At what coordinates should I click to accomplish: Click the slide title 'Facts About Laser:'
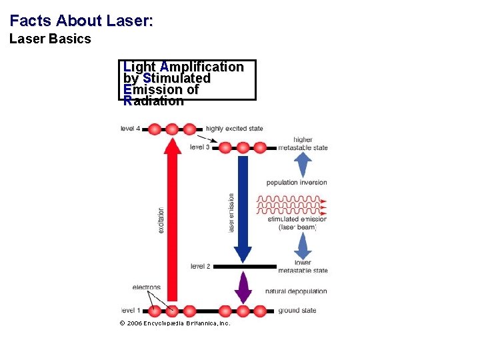[81, 21]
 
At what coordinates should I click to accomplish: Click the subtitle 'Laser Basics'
[50, 39]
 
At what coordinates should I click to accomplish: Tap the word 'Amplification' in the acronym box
[202, 67]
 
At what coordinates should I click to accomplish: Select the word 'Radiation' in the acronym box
[153, 101]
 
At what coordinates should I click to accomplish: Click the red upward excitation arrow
[173, 220]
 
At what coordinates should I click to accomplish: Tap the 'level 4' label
[130, 129]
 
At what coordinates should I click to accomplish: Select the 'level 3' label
[199, 147]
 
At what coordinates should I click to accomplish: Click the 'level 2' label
[200, 266]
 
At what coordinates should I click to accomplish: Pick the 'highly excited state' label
[235, 129]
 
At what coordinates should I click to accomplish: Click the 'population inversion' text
[297, 182]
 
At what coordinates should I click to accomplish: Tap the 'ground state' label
[297, 310]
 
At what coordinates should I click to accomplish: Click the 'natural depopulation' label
[296, 291]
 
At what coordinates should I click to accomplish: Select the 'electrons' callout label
[147, 287]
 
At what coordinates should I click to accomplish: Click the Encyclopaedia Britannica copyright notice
[175, 323]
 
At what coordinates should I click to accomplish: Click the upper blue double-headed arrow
[303, 164]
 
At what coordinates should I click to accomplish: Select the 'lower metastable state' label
[303, 267]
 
